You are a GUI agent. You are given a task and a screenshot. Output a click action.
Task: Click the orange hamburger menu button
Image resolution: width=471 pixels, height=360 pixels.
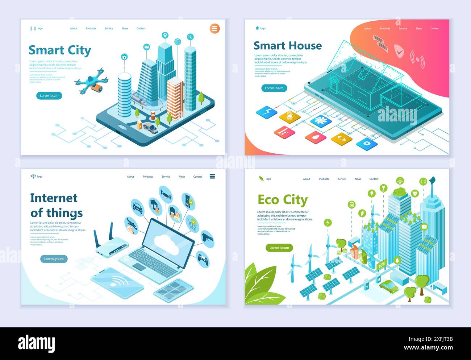click(215, 28)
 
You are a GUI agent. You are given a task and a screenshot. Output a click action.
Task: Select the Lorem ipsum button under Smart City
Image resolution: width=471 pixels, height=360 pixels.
click(49, 96)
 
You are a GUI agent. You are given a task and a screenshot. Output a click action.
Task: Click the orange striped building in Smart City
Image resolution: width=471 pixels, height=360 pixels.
click(175, 98)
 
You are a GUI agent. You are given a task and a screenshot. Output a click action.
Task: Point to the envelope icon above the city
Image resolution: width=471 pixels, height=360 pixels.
click(146, 47)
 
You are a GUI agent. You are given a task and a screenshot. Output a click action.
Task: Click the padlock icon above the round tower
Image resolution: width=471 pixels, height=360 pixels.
click(124, 57)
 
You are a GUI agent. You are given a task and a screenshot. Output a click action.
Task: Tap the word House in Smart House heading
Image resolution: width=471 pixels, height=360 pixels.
click(305, 46)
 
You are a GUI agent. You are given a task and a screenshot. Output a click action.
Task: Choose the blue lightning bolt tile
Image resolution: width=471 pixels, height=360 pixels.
click(267, 111)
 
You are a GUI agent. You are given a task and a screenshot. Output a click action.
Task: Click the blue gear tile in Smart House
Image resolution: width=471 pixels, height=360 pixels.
click(367, 143)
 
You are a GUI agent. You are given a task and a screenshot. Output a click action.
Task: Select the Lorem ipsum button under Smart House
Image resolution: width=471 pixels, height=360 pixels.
click(274, 88)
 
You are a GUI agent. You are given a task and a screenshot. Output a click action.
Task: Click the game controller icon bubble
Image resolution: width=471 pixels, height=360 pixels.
click(203, 259)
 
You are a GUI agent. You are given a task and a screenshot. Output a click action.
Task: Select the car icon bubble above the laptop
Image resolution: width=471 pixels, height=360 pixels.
click(138, 207)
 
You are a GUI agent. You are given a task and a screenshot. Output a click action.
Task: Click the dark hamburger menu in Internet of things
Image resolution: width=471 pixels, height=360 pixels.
click(212, 177)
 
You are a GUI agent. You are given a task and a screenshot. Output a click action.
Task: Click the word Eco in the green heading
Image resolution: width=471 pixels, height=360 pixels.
click(268, 200)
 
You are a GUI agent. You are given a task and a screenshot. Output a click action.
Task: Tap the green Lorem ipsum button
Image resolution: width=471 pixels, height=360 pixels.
click(279, 248)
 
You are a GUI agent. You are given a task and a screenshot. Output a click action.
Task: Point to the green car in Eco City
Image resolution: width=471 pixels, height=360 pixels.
click(389, 286)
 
